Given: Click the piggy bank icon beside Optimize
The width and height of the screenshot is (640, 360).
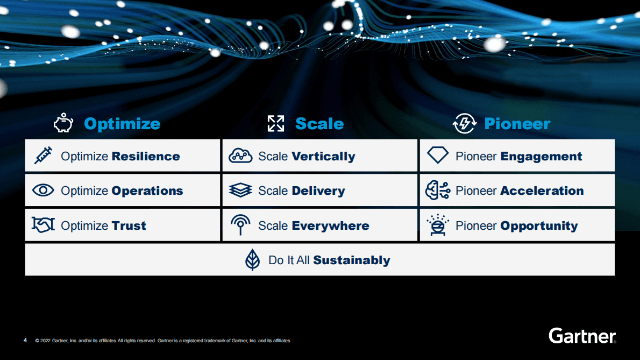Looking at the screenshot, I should pos(63,123).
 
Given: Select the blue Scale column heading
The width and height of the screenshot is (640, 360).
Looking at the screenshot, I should pos(319,124).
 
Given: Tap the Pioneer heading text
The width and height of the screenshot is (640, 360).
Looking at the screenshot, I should pos(517,124).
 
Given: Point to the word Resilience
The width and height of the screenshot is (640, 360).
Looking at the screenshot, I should pos(146,157).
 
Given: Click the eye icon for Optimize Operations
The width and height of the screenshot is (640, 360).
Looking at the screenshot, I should pos(43,190).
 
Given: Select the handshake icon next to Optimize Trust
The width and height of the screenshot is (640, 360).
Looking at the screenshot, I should pos(43,225).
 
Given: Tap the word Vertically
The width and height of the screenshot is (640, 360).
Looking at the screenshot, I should pos(323,157).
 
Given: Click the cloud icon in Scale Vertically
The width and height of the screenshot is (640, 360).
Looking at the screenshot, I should pos(240,156).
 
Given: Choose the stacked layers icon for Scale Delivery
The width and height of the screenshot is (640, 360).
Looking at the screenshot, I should pos(240,190).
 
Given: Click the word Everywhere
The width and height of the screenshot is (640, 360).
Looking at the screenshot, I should pos(330,225).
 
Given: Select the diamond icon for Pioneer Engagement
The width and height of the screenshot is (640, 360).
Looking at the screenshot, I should pos(437,156).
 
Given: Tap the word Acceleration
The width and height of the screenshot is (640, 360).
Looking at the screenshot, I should pos(542,190).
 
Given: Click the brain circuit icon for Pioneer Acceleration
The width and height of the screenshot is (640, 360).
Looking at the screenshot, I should pos(437,190).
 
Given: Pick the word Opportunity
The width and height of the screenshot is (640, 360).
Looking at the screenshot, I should pos(539,225).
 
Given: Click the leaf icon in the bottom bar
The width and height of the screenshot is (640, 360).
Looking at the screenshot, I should pos(252,260).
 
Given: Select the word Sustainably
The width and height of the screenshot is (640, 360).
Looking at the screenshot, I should pos(351,260).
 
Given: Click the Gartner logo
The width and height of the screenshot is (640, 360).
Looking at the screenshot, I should pos(582,336).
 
